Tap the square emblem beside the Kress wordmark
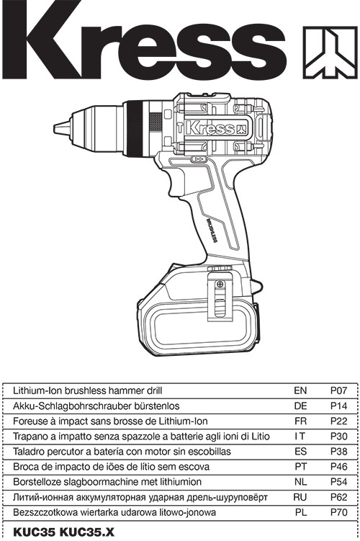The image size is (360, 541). pyautogui.click(x=330, y=53)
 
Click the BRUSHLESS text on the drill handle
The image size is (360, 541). pyautogui.click(x=211, y=231)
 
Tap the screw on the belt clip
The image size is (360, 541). pyautogui.click(x=220, y=285)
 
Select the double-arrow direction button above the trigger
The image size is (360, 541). pyautogui.click(x=198, y=159)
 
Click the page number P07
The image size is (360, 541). pyautogui.click(x=338, y=390)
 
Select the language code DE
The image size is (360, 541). pyautogui.click(x=300, y=406)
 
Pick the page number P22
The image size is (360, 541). pyautogui.click(x=338, y=421)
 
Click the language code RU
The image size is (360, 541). pyautogui.click(x=300, y=497)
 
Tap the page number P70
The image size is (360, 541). pyautogui.click(x=338, y=512)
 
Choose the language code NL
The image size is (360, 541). pyautogui.click(x=300, y=482)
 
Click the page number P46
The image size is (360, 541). pyautogui.click(x=338, y=467)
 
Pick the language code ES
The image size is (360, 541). pyautogui.click(x=300, y=451)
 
